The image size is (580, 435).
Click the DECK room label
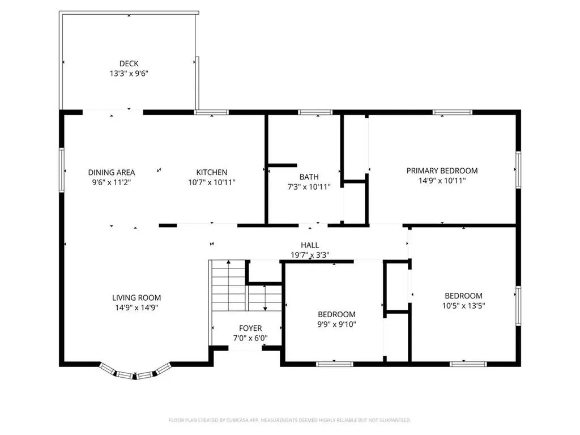pos(129,64)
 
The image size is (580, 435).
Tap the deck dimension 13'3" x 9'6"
pos(129,74)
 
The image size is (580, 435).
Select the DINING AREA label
pos(112,173)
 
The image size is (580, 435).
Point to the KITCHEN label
pos(212,173)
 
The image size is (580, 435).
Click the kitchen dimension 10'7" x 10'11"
pos(212,182)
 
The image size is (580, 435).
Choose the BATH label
pos(309,177)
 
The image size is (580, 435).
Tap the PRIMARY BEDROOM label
pos(442,170)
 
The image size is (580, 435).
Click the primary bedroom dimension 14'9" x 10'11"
pos(442,181)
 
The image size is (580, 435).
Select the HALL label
pos(310,245)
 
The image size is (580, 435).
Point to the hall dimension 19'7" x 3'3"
pos(310,255)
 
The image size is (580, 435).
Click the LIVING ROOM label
pos(137,298)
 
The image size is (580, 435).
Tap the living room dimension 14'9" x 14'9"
pos(137,308)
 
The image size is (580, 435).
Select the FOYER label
pos(250,329)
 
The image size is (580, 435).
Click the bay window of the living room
pos(135,372)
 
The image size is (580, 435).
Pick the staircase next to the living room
pos(229,285)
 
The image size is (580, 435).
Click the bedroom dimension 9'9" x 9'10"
pos(336,325)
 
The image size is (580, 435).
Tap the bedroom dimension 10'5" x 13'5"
pos(463,305)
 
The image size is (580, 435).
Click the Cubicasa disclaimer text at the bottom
pos(289,420)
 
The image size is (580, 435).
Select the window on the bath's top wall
pos(315,112)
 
